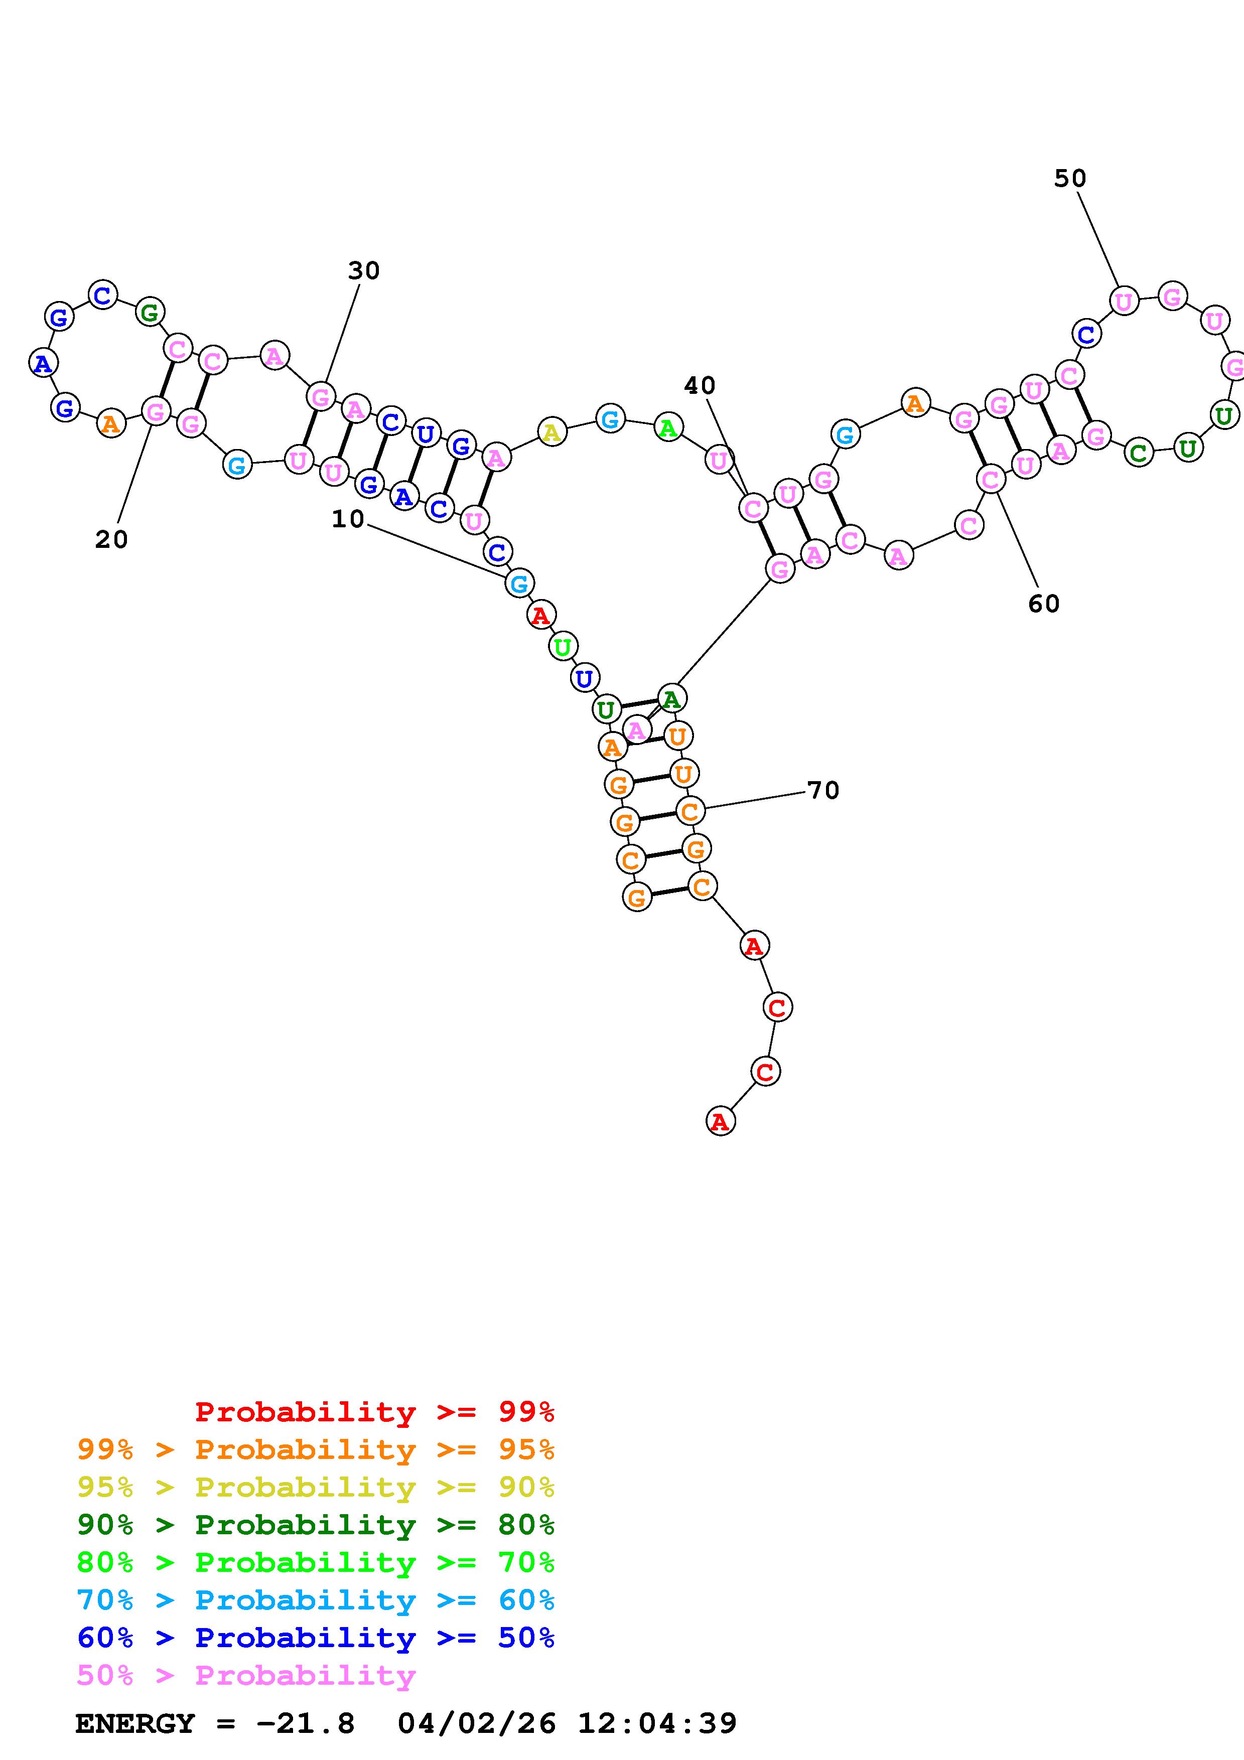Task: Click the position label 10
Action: click(x=347, y=519)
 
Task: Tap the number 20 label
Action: click(x=111, y=540)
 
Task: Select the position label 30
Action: click(x=364, y=270)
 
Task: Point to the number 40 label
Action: click(x=699, y=386)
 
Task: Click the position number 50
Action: click(x=1070, y=179)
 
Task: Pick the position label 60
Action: click(x=1043, y=604)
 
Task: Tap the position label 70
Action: click(x=823, y=790)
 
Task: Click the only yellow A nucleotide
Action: click(x=551, y=432)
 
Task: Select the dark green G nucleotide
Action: click(x=150, y=312)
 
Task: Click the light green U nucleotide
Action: click(x=562, y=647)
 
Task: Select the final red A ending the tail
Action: click(x=720, y=1121)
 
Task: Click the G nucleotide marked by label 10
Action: click(x=519, y=583)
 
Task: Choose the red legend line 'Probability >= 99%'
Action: click(x=375, y=1412)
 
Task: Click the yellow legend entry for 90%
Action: click(x=316, y=1487)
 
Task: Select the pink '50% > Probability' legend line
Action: click(x=246, y=1676)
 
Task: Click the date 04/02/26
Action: click(x=477, y=1723)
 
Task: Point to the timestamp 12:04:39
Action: click(x=657, y=1723)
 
